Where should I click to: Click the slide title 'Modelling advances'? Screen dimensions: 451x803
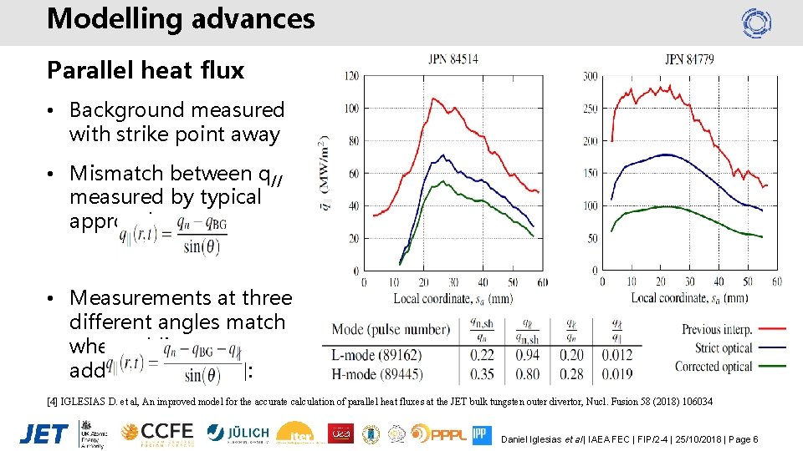click(x=181, y=18)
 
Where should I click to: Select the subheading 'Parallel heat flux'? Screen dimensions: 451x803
click(x=146, y=71)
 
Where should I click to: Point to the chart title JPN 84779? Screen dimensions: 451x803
click(x=688, y=58)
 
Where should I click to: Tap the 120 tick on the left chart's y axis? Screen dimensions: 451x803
click(x=351, y=76)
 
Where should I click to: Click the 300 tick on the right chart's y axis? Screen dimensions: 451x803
click(x=590, y=76)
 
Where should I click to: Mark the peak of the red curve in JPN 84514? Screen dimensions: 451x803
click(x=433, y=99)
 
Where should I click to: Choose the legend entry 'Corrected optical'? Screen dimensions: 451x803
click(x=724, y=366)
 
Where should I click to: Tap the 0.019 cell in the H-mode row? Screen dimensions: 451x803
click(x=618, y=374)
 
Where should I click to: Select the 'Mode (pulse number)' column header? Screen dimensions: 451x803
click(x=391, y=328)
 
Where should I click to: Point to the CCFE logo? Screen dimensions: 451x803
click(x=156, y=433)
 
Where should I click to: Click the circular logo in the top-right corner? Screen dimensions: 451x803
click(x=756, y=23)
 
